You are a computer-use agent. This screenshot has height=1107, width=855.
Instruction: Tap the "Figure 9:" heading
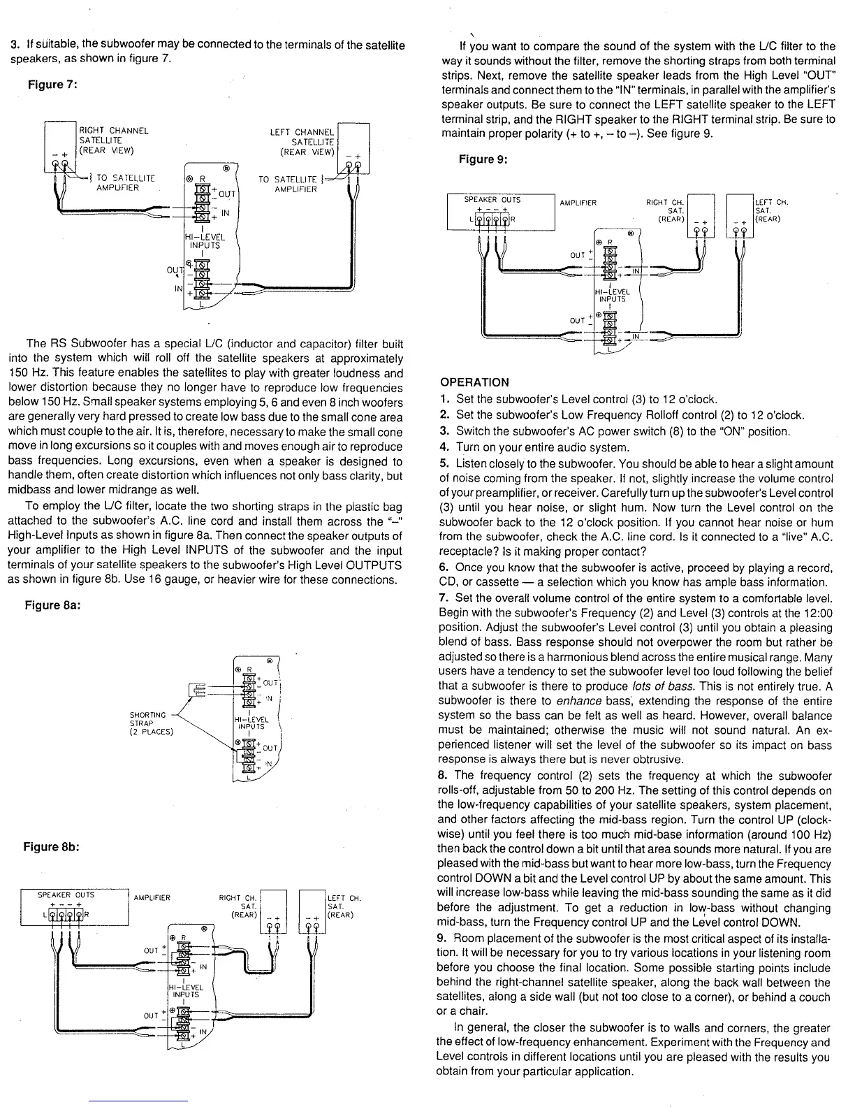click(x=483, y=159)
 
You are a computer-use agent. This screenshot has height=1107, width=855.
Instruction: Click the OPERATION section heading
click(x=475, y=382)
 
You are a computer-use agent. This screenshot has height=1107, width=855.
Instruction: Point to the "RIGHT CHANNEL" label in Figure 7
click(x=114, y=131)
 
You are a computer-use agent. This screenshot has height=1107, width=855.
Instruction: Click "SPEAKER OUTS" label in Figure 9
click(x=493, y=200)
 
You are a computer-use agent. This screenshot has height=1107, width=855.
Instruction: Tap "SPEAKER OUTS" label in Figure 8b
click(x=66, y=895)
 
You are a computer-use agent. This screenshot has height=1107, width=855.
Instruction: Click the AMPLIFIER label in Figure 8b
click(x=152, y=898)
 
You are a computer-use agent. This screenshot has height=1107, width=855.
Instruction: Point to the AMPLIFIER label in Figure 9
click(x=578, y=203)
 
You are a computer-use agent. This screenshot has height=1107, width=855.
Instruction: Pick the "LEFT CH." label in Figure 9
click(x=772, y=203)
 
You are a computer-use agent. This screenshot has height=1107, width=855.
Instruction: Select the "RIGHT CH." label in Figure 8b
click(x=238, y=898)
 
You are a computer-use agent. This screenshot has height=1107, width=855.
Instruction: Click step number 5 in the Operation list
click(x=444, y=463)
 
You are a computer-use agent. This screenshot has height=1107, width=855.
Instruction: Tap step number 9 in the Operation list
click(x=444, y=937)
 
